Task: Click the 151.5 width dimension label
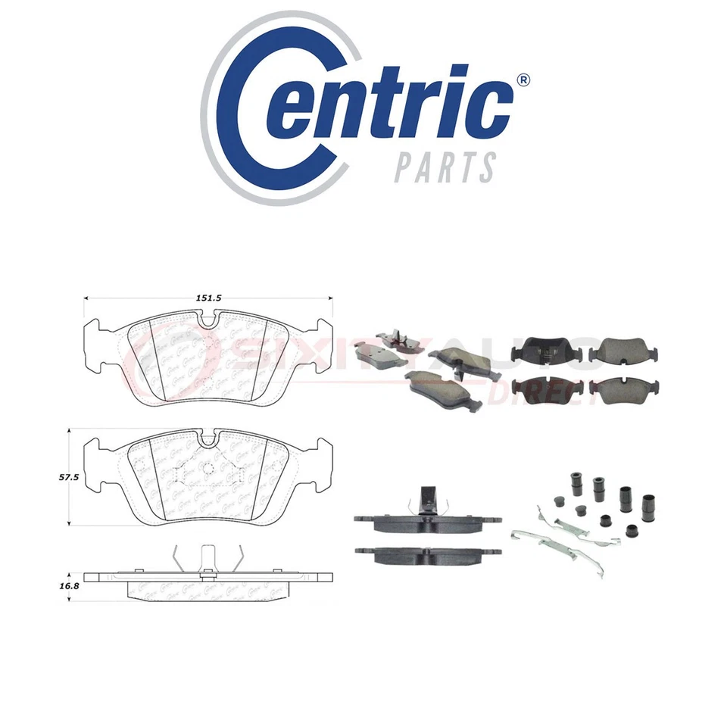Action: click(207, 298)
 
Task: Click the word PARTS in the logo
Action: click(445, 167)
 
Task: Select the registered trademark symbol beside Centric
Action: click(523, 80)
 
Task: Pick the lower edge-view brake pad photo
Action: click(426, 554)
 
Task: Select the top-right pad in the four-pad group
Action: click(623, 348)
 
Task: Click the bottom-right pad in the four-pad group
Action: click(623, 387)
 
